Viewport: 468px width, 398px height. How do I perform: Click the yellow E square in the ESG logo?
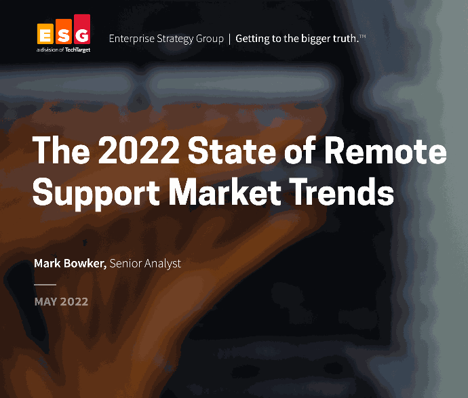coord(45,34)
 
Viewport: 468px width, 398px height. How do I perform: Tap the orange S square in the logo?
coord(64,32)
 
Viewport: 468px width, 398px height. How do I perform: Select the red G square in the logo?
coord(82,29)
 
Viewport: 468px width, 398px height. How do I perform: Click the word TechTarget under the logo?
coord(77,49)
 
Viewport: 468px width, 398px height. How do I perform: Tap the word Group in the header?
coord(210,39)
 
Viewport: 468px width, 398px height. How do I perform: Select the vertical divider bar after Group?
coord(229,39)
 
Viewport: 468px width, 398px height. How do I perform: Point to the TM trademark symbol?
coord(362,37)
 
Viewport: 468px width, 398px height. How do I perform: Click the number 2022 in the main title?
coord(139,150)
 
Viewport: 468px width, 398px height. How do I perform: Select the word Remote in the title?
coord(385,149)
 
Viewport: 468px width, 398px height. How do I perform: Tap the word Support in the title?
coord(96,193)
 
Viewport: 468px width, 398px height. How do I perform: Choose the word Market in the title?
coord(225,191)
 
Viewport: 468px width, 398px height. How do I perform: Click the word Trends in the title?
coord(341,191)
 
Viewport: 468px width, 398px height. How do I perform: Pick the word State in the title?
coord(231,150)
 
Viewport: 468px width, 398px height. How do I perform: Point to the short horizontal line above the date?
coord(45,285)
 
